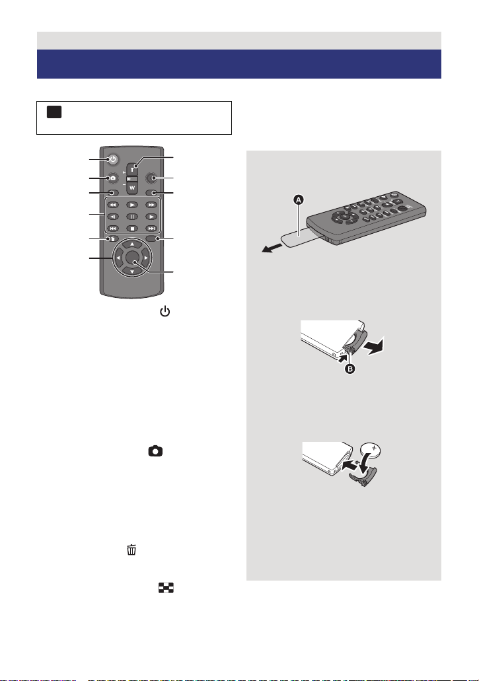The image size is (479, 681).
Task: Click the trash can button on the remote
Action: point(113,240)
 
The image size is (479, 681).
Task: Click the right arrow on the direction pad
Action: point(155,257)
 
